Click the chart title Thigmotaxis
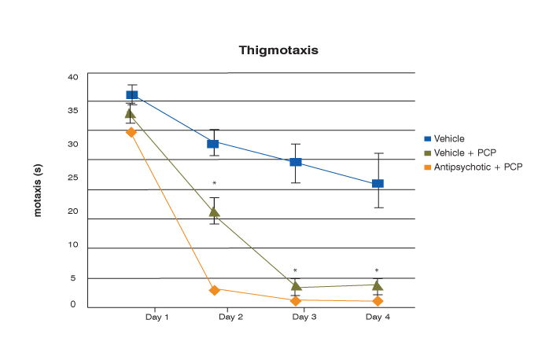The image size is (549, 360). point(278,50)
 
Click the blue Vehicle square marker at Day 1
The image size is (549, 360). point(132,95)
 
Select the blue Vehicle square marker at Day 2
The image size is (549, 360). point(212,143)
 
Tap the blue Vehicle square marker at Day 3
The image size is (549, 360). point(296,162)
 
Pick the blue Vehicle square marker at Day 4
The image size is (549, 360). point(378,183)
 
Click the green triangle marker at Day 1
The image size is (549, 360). point(131,113)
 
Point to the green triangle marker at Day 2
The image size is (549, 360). point(214,211)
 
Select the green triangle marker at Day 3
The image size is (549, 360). point(296,285)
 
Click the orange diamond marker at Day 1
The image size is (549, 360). point(131,132)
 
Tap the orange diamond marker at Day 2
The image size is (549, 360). point(214,290)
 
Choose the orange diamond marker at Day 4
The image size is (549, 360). point(378,301)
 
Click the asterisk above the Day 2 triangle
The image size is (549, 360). point(214,185)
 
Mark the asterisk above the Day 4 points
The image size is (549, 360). point(377,271)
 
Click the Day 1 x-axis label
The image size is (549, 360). point(157,317)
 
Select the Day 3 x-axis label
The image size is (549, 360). point(304,317)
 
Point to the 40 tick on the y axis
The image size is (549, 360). point(73,77)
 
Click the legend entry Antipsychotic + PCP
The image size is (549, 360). point(472,167)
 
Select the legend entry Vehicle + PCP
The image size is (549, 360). point(460,152)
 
